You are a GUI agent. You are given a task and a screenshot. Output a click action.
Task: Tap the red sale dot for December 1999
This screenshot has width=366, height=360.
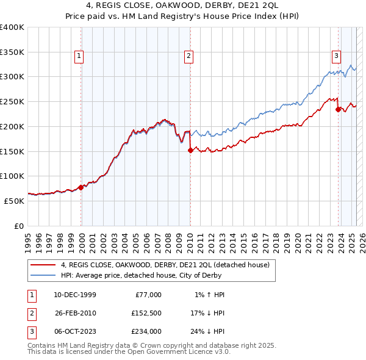(x=81, y=187)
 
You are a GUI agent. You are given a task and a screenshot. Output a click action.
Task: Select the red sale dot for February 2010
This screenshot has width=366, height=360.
(x=190, y=150)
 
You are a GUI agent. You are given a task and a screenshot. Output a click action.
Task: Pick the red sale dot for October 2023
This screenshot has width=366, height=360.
(x=338, y=110)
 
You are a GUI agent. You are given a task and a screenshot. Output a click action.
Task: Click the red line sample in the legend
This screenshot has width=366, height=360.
(x=43, y=265)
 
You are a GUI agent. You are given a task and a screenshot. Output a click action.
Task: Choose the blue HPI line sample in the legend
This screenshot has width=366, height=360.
(x=43, y=276)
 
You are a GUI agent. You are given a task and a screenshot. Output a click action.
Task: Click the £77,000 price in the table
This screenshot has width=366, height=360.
(x=147, y=295)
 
